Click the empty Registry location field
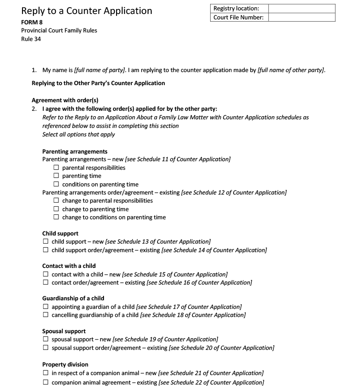click(301, 9)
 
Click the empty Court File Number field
click(301, 17)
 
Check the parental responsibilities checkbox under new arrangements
click(56, 168)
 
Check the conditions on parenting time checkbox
click(56, 185)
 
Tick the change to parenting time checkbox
click(56, 209)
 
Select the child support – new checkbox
click(46, 242)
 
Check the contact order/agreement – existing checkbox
click(46, 283)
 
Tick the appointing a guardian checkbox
click(46, 307)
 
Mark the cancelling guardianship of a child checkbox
click(46, 315)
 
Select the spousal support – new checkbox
click(46, 339)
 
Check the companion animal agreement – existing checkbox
click(46, 383)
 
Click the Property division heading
click(65, 364)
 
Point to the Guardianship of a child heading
click(73, 299)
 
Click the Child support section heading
click(60, 234)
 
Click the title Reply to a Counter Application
click(86, 11)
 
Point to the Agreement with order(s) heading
click(65, 100)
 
